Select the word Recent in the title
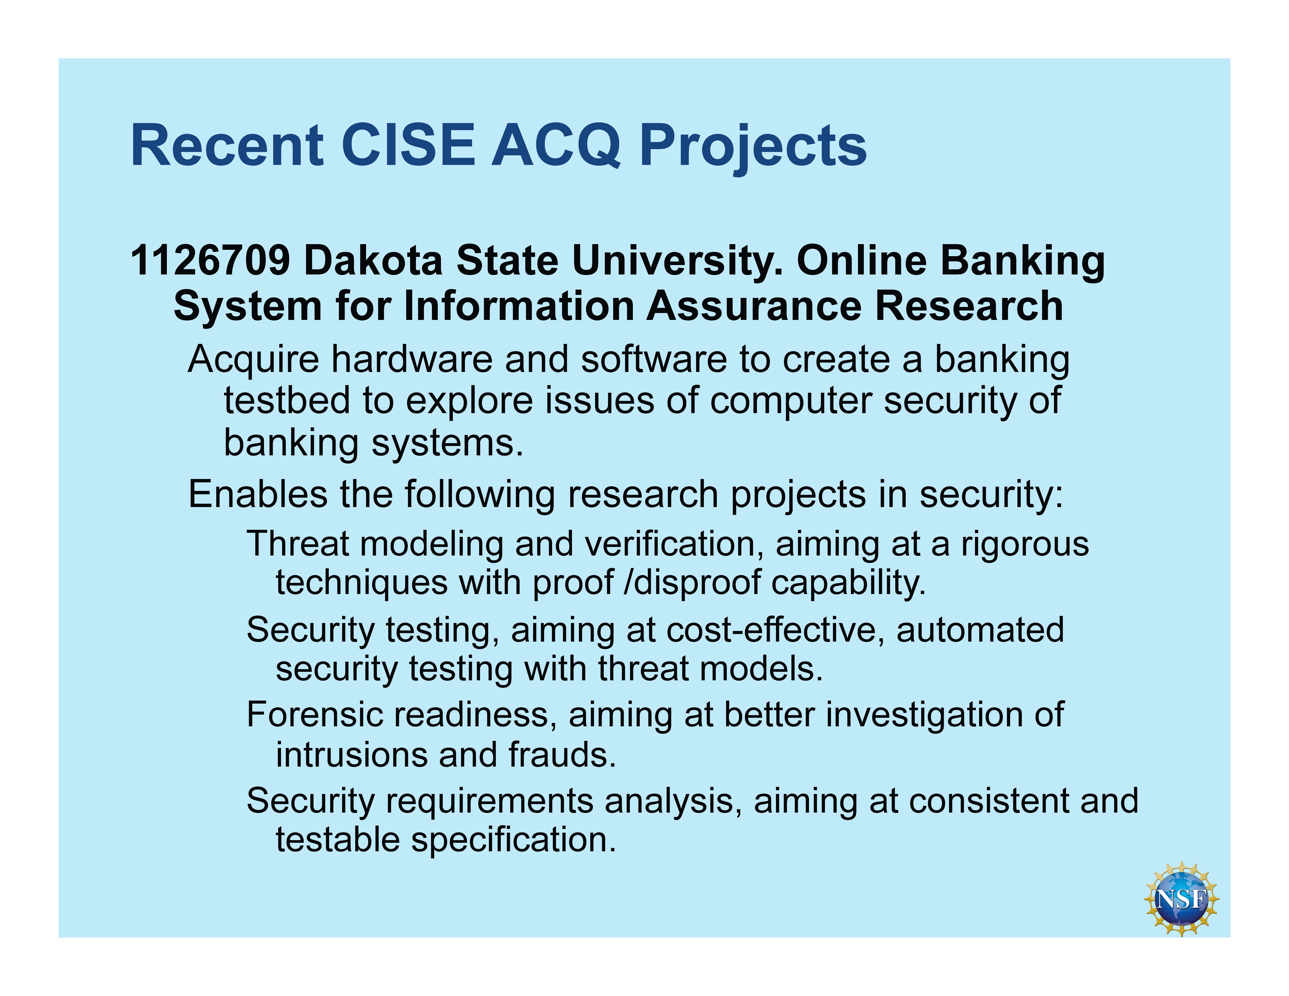click(227, 145)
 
